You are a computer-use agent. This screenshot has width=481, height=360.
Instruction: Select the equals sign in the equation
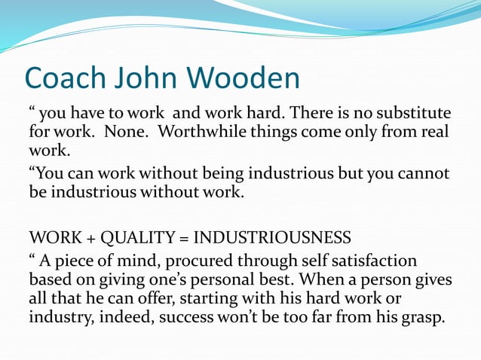coord(182,239)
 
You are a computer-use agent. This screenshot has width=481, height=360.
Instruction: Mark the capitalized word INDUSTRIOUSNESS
coord(272,239)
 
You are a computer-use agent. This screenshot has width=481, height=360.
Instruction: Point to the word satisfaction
coord(371,261)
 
